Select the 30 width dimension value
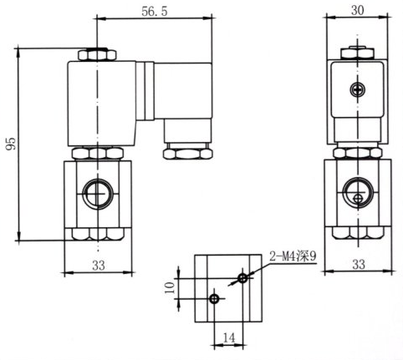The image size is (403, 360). (x=358, y=9)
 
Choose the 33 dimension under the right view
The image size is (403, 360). (x=358, y=265)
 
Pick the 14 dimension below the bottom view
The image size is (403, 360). (x=228, y=337)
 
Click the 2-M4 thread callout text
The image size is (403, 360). (x=293, y=256)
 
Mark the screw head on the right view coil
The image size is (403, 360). (x=358, y=89)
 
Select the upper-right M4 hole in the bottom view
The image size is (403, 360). (x=242, y=276)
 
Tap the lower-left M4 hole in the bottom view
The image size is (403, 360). (x=214, y=298)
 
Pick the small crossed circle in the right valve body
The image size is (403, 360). (x=359, y=199)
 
